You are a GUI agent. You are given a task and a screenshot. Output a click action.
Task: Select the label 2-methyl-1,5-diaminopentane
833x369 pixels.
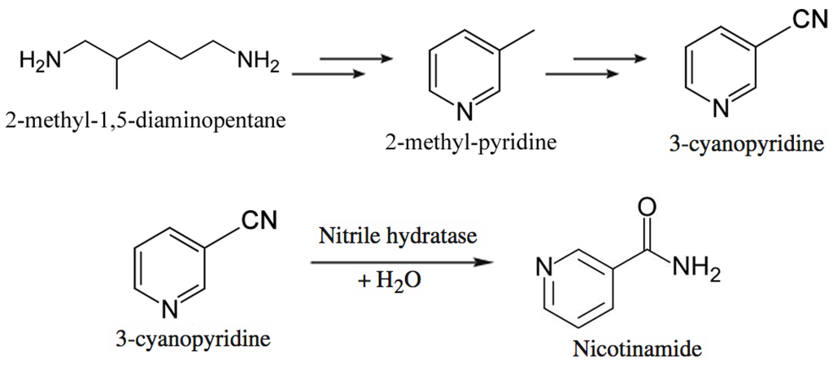coord(146,121)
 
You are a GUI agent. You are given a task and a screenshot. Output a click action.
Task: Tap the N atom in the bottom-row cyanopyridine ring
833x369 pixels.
coord(170,308)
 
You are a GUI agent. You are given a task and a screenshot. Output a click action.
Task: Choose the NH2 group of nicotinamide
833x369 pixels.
coord(696,266)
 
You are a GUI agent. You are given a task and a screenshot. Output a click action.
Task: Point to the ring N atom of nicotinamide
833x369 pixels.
coord(546,266)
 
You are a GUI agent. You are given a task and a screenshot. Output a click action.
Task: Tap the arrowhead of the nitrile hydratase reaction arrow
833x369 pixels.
coord(486,262)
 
